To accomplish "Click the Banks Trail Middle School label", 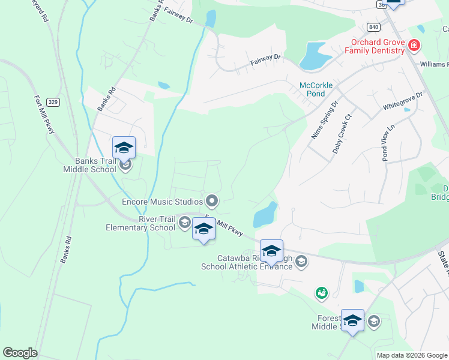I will [89, 165].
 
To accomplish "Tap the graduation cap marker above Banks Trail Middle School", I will [124, 148].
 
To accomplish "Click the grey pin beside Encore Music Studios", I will [211, 200].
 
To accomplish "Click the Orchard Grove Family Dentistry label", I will [378, 47].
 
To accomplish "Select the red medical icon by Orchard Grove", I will [413, 45].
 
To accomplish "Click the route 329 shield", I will [53, 102].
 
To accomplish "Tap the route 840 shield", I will [373, 27].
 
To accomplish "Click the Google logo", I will [20, 353].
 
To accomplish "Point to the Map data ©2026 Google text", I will [412, 355].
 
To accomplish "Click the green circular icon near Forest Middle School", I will [322, 293].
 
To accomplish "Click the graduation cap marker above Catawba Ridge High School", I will [271, 251].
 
